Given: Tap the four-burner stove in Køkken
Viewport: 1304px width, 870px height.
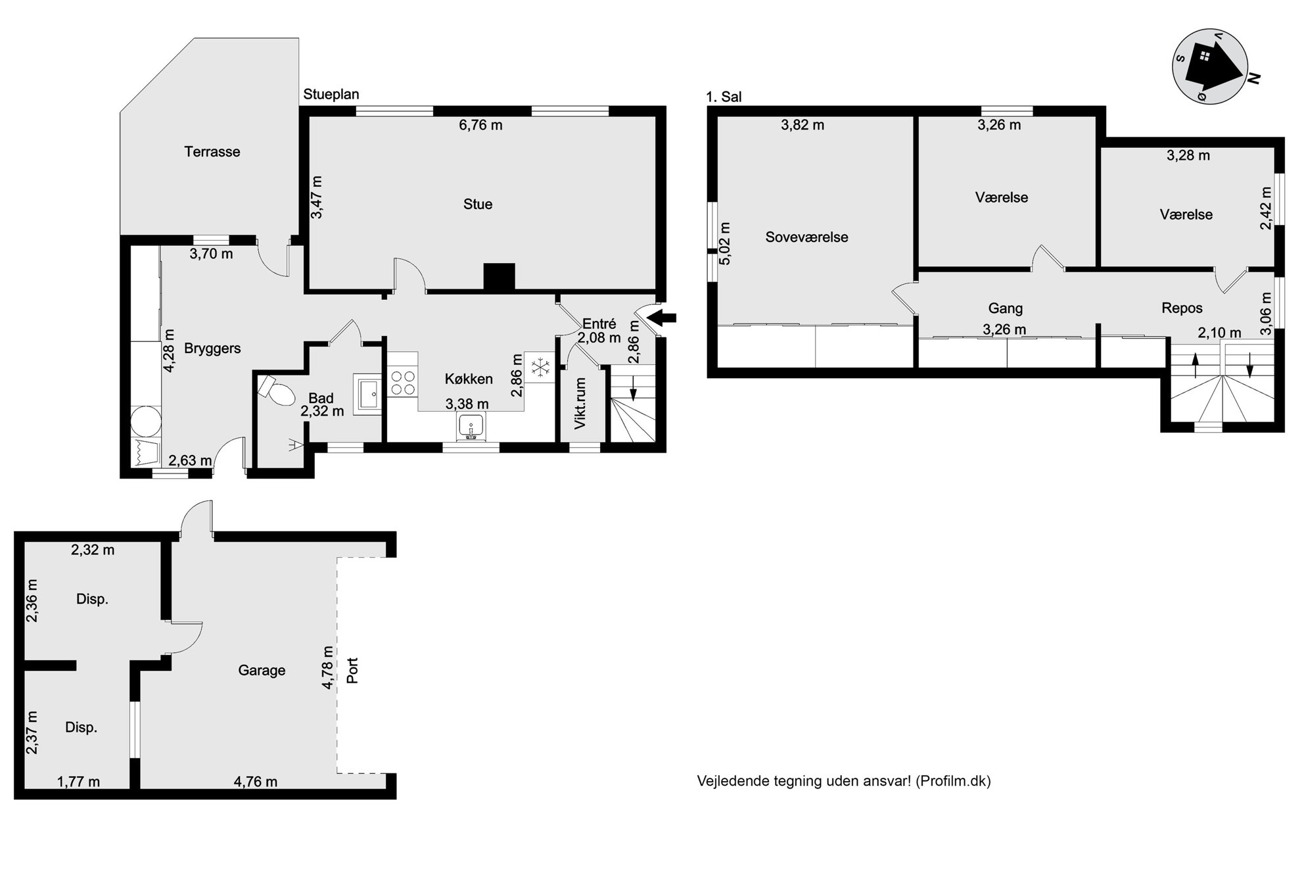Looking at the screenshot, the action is pos(402,382).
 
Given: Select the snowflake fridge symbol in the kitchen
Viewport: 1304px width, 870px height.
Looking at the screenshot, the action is pos(540,368).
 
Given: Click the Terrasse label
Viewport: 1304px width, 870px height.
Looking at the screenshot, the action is pos(212,152).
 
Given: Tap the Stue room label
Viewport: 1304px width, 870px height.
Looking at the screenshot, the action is pos(478,205).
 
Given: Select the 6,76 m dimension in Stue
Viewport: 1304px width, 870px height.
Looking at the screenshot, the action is pos(480,125).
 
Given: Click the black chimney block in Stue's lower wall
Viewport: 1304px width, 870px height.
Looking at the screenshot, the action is pos(499,276).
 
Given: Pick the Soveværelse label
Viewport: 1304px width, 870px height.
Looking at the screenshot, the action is pos(806,237).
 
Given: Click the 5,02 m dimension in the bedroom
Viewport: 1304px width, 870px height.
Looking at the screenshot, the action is pos(725,243).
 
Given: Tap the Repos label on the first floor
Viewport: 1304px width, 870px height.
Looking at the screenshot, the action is pos(1182,308).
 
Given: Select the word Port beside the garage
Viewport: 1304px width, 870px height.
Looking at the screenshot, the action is pos(352,671).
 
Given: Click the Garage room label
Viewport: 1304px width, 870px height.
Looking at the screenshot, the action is pos(262,670).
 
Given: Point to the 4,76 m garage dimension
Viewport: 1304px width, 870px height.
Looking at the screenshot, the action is pos(256,782).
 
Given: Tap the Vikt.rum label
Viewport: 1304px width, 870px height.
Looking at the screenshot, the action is pos(580,403).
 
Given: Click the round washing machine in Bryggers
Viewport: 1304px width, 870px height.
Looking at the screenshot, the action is pos(145,422).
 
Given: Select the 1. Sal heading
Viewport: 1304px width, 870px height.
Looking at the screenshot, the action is pos(724,97).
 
